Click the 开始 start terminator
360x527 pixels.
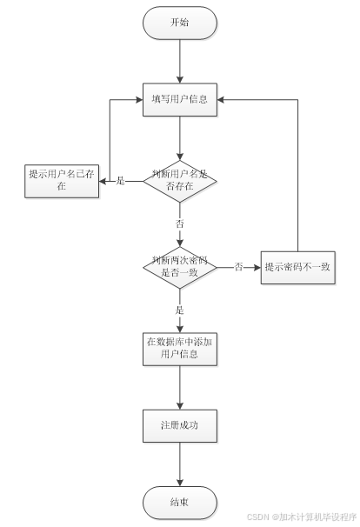point(179,23)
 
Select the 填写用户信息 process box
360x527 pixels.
point(179,98)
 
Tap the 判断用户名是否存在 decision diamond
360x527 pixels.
point(179,181)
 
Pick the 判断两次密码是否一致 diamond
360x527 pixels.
point(179,267)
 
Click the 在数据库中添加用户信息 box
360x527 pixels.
point(179,347)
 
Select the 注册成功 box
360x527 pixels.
point(179,425)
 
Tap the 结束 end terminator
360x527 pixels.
point(179,503)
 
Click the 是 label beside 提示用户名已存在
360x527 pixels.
point(121,181)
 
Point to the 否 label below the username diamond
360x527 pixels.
point(180,223)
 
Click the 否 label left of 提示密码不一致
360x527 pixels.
point(238,267)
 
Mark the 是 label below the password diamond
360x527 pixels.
point(180,310)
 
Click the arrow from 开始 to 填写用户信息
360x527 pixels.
point(179,61)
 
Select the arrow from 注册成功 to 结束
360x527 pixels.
point(179,464)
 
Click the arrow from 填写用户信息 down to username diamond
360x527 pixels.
point(179,137)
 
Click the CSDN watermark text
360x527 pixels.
point(301,516)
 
